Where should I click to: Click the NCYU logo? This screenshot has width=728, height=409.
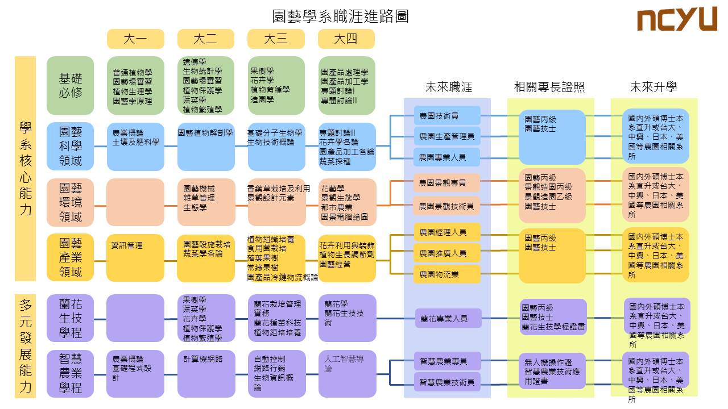coord(676,20)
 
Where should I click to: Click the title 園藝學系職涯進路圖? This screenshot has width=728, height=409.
coord(341,15)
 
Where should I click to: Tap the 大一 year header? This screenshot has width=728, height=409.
coord(135,39)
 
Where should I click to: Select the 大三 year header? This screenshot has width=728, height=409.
coord(276,39)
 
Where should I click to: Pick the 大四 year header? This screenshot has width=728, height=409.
coord(346,39)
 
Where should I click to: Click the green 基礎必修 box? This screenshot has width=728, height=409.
coord(71,85)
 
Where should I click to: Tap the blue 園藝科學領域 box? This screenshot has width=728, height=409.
coord(71,147)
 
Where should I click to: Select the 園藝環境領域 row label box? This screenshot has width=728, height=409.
coord(71,202)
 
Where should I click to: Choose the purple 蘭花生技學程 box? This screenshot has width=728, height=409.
coord(71,318)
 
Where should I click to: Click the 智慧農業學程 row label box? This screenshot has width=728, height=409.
coord(71,373)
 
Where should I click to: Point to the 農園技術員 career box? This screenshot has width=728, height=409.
coord(447,116)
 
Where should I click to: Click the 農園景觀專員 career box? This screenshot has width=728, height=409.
coord(447,183)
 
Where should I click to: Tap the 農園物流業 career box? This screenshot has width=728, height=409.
coord(447,274)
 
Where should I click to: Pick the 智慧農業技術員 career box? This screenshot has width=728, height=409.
coord(447,382)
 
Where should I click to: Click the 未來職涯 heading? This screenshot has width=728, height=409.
coord(449,87)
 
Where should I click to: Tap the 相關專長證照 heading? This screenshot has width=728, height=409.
coord(549,87)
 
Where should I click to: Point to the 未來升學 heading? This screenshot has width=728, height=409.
coord(653,87)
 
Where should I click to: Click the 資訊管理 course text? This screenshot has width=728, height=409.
coord(127,245)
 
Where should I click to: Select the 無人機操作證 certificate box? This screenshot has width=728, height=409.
coord(552,371)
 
